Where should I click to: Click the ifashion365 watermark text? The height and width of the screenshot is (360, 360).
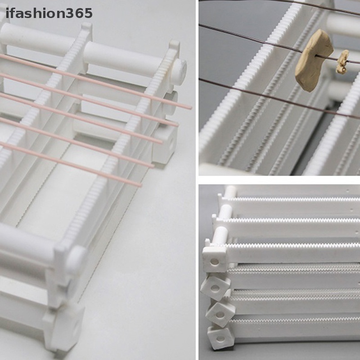pyautogui.click(x=49, y=13)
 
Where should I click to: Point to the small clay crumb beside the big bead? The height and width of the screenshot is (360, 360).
pyautogui.click(x=343, y=61)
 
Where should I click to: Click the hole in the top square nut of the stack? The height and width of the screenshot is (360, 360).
pyautogui.click(x=214, y=261)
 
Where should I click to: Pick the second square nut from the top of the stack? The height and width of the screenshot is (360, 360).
pyautogui.click(x=215, y=285)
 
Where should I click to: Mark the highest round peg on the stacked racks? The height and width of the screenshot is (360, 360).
pyautogui.click(x=229, y=191)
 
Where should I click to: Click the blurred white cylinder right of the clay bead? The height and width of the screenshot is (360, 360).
pyautogui.click(x=346, y=25)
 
